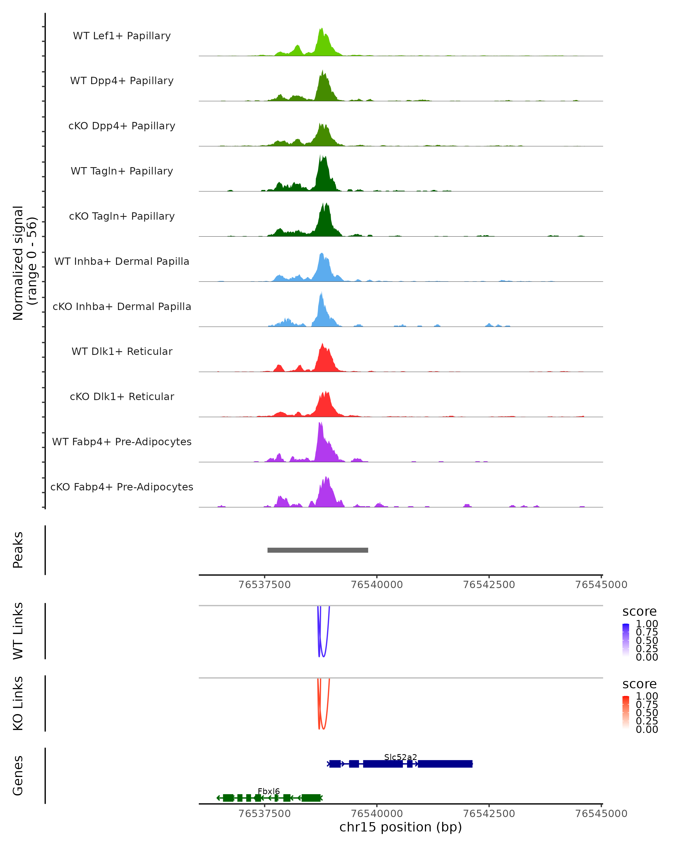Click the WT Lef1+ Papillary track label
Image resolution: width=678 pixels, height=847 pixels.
click(x=122, y=36)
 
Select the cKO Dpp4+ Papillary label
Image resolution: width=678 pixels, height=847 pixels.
click(x=122, y=126)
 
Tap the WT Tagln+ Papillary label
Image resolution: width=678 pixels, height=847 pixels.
click(x=122, y=171)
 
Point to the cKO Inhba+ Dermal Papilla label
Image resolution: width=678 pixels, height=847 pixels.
click(x=122, y=306)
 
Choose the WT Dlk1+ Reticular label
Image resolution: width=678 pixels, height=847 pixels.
click(x=122, y=351)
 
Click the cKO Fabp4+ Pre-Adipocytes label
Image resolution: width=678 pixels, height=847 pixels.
click(x=122, y=487)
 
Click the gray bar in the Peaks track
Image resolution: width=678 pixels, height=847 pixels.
click(x=318, y=550)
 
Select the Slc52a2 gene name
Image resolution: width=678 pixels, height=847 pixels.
click(x=401, y=757)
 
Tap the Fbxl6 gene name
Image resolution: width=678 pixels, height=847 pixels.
click(x=269, y=791)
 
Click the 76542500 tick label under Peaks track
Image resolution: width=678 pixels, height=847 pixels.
click(x=489, y=585)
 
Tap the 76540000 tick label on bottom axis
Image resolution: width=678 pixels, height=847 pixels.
click(x=377, y=814)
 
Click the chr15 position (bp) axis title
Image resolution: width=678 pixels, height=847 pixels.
click(x=401, y=827)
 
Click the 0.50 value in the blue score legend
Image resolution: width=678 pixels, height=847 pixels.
click(x=647, y=640)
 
